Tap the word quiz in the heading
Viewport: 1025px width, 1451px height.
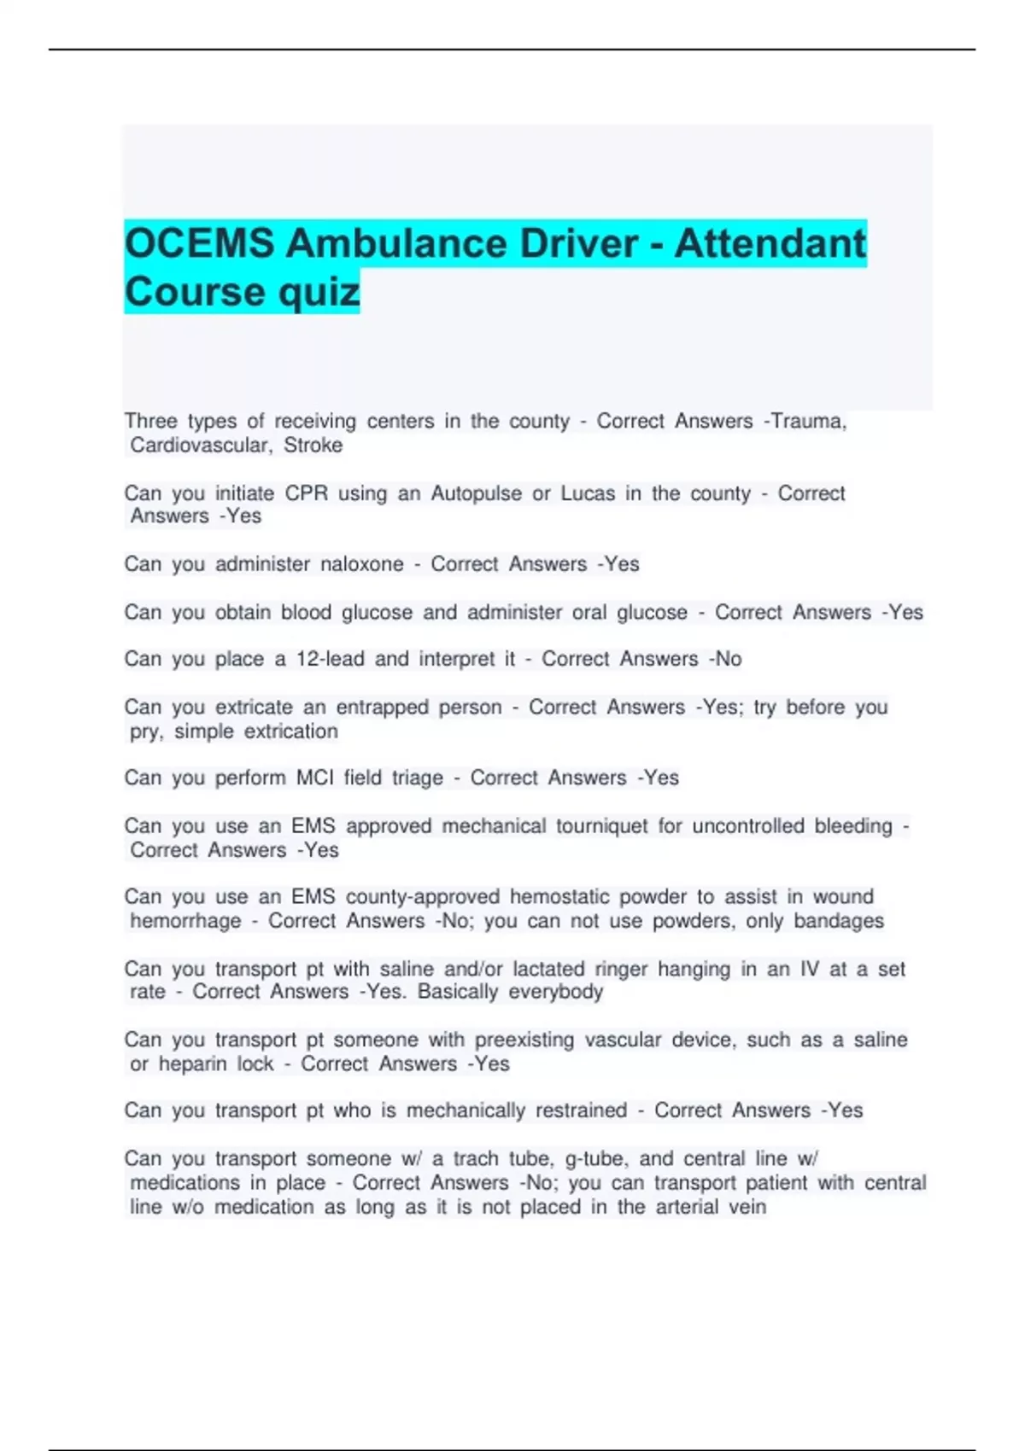point(317,293)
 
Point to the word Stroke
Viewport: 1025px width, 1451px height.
point(313,446)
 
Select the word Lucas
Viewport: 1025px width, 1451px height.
point(588,494)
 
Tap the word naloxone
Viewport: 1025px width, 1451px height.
point(362,564)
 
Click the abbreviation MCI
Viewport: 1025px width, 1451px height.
point(315,778)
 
